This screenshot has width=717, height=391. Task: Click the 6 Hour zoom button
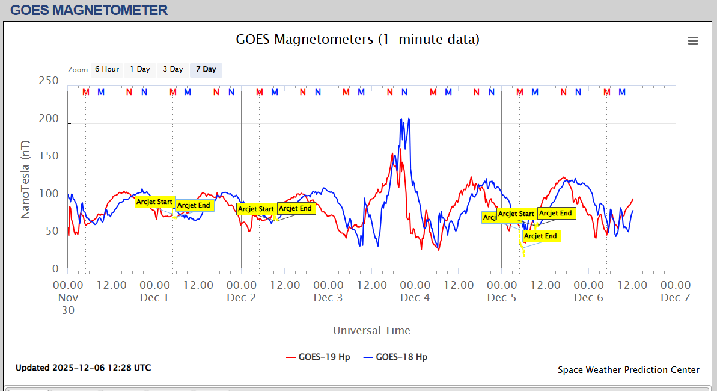pos(106,70)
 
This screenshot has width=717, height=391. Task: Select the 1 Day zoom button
pos(140,70)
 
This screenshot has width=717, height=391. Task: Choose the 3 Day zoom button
pos(173,70)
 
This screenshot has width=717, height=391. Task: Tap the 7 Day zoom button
pos(206,70)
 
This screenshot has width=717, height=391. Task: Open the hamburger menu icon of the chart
pos(693,40)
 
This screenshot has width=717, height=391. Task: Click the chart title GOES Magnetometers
pos(358,40)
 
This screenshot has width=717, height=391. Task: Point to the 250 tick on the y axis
pos(49,81)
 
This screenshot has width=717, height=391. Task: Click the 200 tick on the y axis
pos(49,119)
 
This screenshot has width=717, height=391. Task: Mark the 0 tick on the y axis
pos(56,269)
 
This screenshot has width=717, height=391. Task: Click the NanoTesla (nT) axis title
pos(25,180)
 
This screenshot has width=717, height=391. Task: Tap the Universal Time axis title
pos(371,330)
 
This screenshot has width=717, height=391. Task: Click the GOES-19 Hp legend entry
pos(318,357)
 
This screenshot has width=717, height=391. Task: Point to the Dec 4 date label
pos(415,298)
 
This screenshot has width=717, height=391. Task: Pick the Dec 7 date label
pos(675,298)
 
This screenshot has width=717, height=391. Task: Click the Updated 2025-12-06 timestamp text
pos(83,368)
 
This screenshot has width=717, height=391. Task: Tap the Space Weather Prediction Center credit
pos(628,370)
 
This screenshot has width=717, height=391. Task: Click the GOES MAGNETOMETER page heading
pos(89,10)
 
